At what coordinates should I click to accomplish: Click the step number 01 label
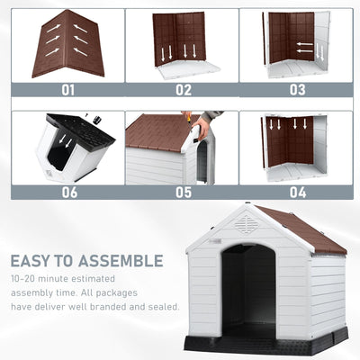pyautogui.click(x=68, y=90)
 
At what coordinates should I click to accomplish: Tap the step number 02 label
pyautogui.click(x=183, y=90)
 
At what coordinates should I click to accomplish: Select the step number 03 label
pyautogui.click(x=297, y=90)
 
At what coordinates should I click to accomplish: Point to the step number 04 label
pyautogui.click(x=297, y=192)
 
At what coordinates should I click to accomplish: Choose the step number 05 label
pyautogui.click(x=183, y=192)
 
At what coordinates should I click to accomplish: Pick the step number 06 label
pyautogui.click(x=68, y=192)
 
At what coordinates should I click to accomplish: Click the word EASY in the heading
pyautogui.click(x=31, y=262)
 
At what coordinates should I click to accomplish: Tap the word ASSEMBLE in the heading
pyautogui.click(x=121, y=262)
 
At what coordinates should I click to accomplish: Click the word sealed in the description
pyautogui.click(x=163, y=306)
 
